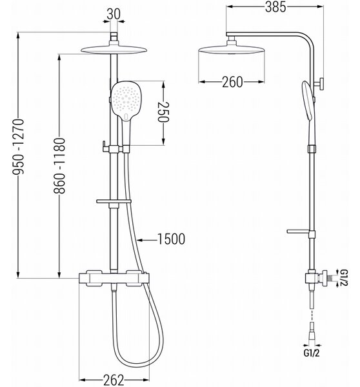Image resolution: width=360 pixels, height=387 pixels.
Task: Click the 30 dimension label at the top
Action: coord(114,14)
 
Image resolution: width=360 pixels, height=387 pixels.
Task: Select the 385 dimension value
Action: coord(275,7)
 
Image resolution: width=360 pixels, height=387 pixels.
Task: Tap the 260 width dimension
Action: coord(232,82)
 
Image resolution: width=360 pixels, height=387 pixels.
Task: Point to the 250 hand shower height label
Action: coord(163,112)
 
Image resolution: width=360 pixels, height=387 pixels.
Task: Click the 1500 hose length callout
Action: coord(171,239)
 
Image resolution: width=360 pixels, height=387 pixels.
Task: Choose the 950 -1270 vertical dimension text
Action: coord(19,147)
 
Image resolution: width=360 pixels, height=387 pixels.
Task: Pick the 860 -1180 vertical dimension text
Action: coord(59,166)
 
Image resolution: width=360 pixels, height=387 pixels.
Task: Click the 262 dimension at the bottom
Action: coord(114,380)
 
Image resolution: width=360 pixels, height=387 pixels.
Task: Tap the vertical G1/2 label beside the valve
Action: coord(343,278)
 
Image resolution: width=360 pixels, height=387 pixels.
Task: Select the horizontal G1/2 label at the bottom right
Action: coord(312,353)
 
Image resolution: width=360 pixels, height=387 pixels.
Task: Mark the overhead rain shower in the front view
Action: coord(114,49)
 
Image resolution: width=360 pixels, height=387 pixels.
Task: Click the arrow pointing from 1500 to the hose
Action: coord(146,239)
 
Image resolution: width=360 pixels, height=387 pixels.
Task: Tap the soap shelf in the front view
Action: coord(114,201)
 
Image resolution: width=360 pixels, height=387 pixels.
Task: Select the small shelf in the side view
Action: coord(298,232)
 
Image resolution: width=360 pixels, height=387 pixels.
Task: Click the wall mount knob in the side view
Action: coord(319,84)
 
